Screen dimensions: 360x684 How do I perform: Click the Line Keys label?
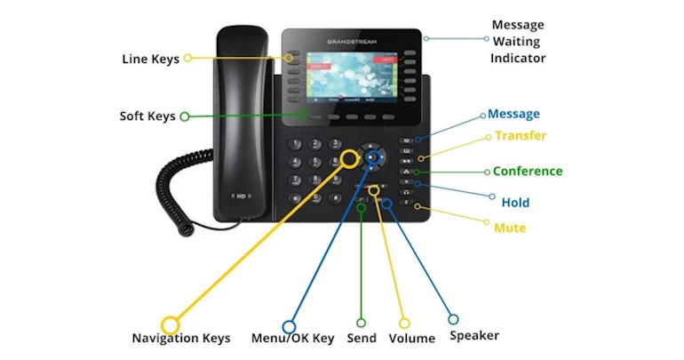(150, 60)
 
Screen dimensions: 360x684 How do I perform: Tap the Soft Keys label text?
(148, 116)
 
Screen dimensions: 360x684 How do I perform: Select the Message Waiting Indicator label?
(518, 42)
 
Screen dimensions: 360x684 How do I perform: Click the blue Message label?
(513, 114)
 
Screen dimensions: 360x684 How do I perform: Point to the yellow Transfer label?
(521, 136)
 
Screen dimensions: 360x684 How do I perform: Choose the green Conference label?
(528, 171)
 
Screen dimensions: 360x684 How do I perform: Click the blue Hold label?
(515, 203)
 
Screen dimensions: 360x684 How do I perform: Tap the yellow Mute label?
(510, 228)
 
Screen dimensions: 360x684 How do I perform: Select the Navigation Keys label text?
(181, 338)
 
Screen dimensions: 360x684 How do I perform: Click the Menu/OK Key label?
(293, 338)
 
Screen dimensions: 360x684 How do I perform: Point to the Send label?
(362, 338)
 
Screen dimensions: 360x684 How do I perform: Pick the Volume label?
(412, 338)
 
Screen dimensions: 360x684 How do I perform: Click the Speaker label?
(474, 336)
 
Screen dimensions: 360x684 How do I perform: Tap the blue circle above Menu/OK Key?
(289, 326)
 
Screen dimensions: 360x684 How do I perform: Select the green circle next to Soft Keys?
(184, 116)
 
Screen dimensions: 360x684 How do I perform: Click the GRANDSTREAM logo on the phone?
(352, 40)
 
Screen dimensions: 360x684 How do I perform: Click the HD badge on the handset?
(239, 196)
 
